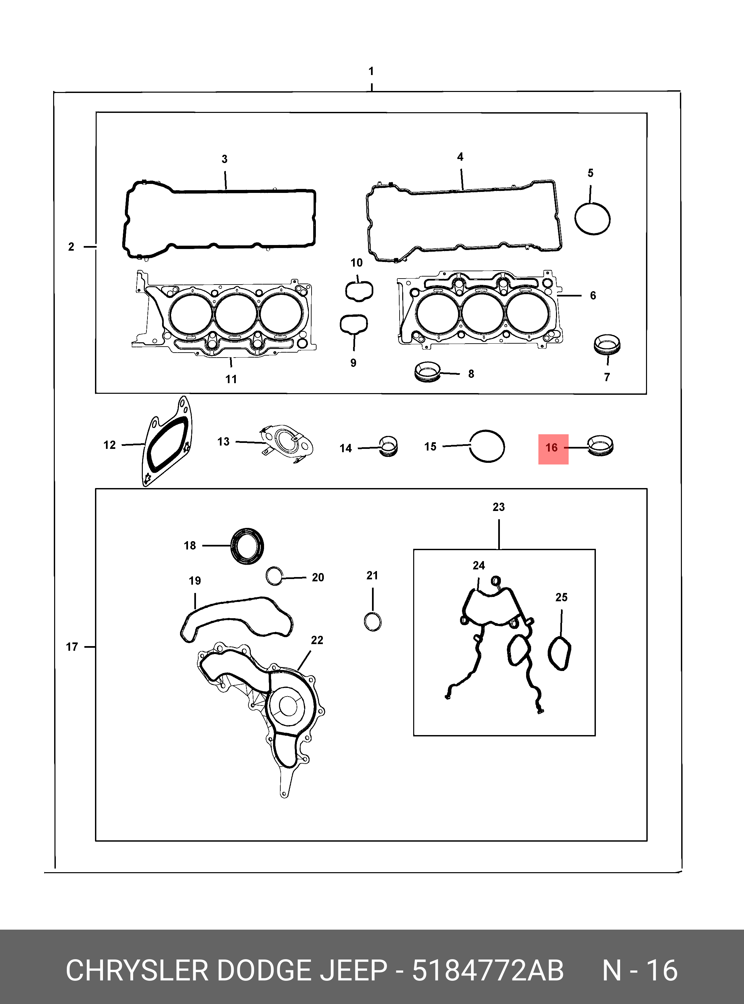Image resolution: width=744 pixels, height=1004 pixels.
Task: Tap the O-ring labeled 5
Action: tap(576, 218)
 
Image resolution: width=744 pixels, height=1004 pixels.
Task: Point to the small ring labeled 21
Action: tap(364, 622)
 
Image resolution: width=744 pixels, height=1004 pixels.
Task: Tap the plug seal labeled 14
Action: tap(389, 446)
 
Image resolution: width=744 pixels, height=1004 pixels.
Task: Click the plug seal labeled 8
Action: tap(427, 372)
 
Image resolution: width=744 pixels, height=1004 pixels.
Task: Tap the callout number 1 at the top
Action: tap(371, 71)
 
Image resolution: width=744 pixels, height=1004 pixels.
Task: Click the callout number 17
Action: tap(72, 647)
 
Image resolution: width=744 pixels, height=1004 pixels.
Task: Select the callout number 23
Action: tap(499, 507)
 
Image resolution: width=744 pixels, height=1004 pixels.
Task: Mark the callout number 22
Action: tap(317, 640)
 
